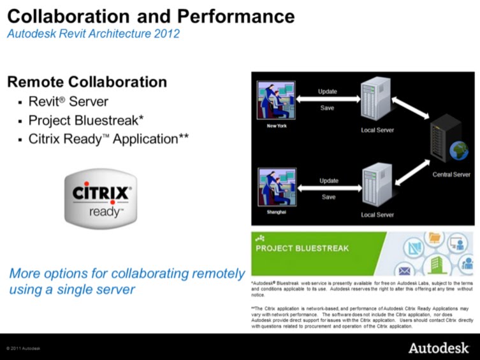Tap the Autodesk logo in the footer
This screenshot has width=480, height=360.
coord(439,348)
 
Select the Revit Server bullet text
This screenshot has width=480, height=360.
coord(68,102)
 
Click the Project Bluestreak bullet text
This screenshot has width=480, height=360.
coord(85,120)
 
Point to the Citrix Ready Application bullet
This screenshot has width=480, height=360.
coord(108,138)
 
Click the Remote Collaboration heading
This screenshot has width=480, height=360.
coord(87,82)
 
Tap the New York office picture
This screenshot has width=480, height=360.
coord(276,100)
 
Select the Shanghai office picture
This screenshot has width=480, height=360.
coord(276,188)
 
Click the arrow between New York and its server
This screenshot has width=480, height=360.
coord(328,99)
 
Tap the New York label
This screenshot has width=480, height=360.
coord(277,126)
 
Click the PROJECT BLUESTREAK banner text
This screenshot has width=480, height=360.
coord(302,248)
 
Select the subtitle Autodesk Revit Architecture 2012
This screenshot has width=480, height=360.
coord(93,34)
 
